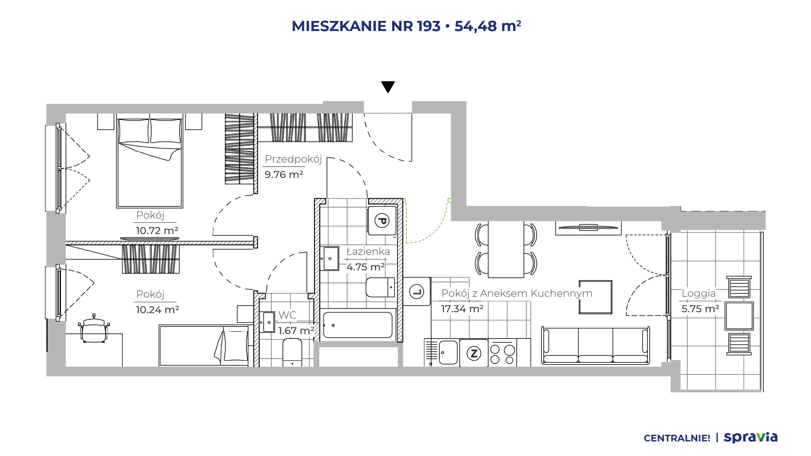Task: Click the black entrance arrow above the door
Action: [388, 87]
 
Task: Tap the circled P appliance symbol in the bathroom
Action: [382, 220]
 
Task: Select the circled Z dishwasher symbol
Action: [474, 353]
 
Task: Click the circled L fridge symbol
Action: [417, 292]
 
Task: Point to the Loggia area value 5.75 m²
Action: [700, 309]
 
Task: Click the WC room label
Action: [287, 315]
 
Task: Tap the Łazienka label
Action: [368, 251]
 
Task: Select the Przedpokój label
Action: [293, 159]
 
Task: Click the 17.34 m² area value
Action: [462, 309]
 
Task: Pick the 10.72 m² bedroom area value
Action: [157, 231]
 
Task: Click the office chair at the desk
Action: [94, 329]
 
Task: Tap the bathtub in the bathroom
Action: [358, 325]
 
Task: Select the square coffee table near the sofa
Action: [595, 297]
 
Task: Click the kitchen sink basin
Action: [448, 352]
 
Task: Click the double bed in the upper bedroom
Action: [150, 163]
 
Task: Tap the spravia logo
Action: [750, 437]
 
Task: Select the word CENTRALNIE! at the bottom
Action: [677, 438]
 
